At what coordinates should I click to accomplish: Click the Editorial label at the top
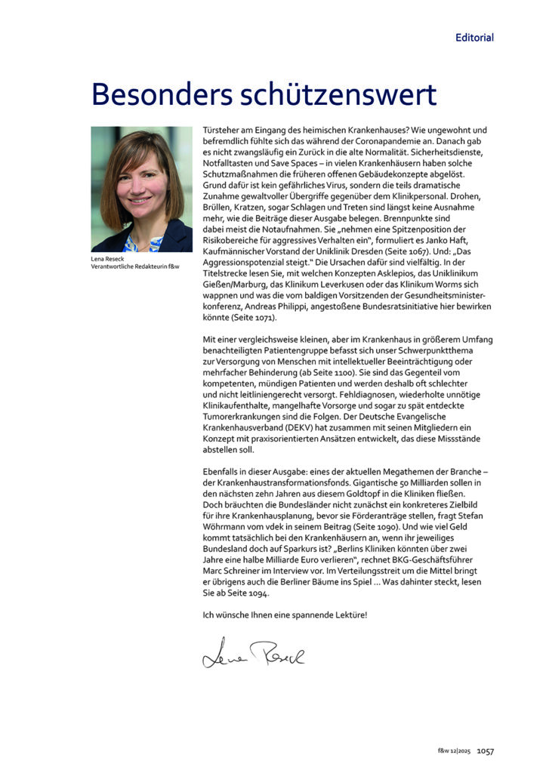click(474, 37)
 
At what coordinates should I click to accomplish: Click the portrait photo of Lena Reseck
click(142, 189)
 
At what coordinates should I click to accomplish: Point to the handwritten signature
click(253, 654)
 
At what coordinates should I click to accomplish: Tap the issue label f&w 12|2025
click(455, 751)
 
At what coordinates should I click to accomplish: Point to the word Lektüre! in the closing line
click(347, 614)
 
